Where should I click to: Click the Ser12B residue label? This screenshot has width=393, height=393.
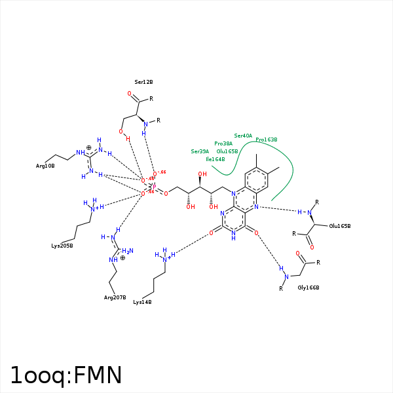coord(143,82)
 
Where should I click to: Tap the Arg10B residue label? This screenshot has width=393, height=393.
coord(45,166)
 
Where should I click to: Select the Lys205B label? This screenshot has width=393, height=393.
coord(62,246)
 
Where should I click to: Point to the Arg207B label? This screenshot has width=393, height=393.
coord(115,297)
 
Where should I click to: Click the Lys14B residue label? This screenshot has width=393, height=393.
coord(142,302)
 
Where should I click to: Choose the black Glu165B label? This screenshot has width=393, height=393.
coord(340,226)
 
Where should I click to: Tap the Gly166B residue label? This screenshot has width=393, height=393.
coord(308,288)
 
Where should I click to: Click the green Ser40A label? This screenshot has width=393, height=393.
coord(243,136)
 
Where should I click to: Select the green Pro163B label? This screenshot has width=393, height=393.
coord(267,140)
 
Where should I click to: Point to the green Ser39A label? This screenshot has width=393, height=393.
coord(200,151)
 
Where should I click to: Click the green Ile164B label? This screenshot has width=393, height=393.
coord(215,159)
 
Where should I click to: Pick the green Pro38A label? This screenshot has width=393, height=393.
coord(223,143)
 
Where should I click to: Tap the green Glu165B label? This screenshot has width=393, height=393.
coord(227,151)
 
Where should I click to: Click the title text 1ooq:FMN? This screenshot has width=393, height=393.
coord(66,375)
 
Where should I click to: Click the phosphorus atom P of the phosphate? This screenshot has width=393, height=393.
coord(154,186)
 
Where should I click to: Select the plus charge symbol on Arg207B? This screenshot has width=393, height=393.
coord(122,258)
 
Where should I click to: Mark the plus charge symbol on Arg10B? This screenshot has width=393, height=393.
coord(89,147)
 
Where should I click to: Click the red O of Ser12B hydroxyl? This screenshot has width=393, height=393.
coord(121,131)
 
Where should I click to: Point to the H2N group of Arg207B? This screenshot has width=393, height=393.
coord(128,251)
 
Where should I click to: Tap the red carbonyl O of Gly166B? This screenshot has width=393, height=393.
coord(298,253)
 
